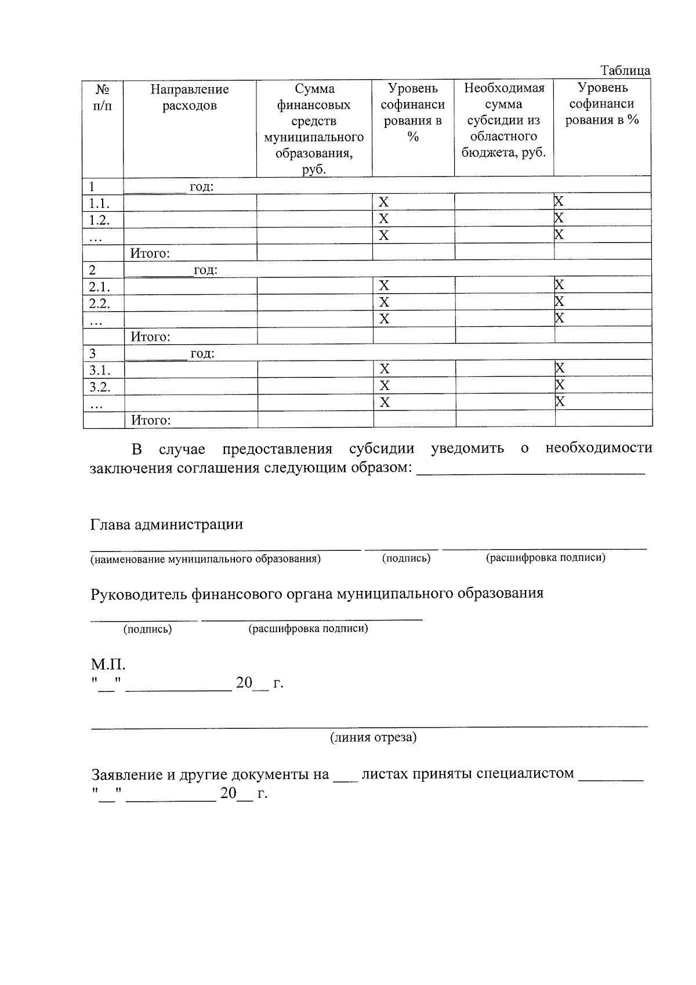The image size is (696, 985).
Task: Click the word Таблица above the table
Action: [x=625, y=71]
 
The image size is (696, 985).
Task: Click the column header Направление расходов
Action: [x=190, y=98]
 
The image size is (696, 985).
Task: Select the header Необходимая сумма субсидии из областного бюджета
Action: [x=503, y=121]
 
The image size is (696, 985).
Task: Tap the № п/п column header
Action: [x=103, y=98]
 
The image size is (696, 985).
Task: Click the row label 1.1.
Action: [x=99, y=203]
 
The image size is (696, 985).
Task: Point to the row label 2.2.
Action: [x=99, y=304]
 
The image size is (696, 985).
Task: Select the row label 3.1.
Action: [x=99, y=370]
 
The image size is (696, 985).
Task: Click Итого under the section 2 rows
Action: [x=150, y=337]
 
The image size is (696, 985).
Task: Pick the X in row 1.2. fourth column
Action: [x=383, y=219]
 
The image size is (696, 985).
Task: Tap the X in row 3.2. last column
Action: [x=560, y=385]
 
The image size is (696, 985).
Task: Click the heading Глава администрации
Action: [x=166, y=525]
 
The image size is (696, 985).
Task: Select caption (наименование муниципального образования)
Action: [x=205, y=559]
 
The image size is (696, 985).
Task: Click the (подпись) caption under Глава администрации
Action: [x=406, y=558]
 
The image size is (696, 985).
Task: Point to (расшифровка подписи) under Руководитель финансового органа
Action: [x=308, y=629]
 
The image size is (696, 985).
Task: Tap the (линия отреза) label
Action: [x=373, y=738]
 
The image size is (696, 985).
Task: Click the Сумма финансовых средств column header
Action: [x=314, y=129]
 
